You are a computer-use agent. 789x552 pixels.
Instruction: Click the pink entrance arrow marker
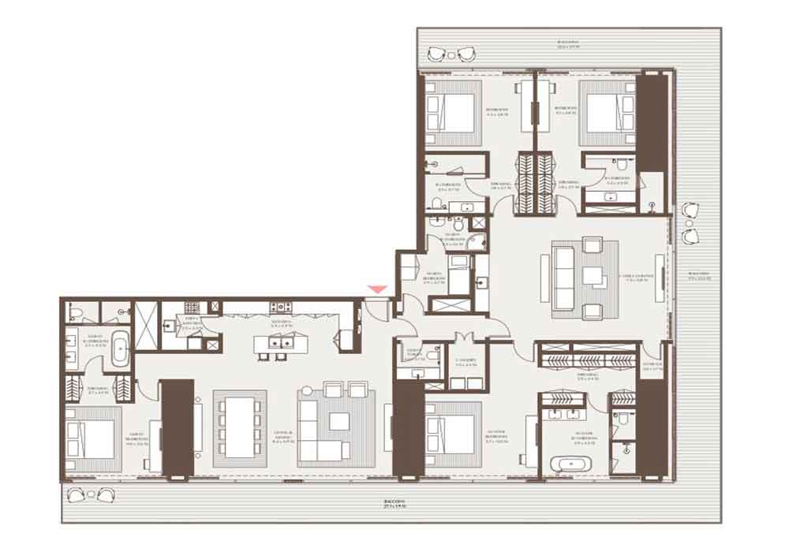click(x=378, y=290)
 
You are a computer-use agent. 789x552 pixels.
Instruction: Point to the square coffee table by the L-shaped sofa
click(x=339, y=420)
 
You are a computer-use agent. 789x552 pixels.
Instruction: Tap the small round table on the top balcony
click(x=451, y=54)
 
